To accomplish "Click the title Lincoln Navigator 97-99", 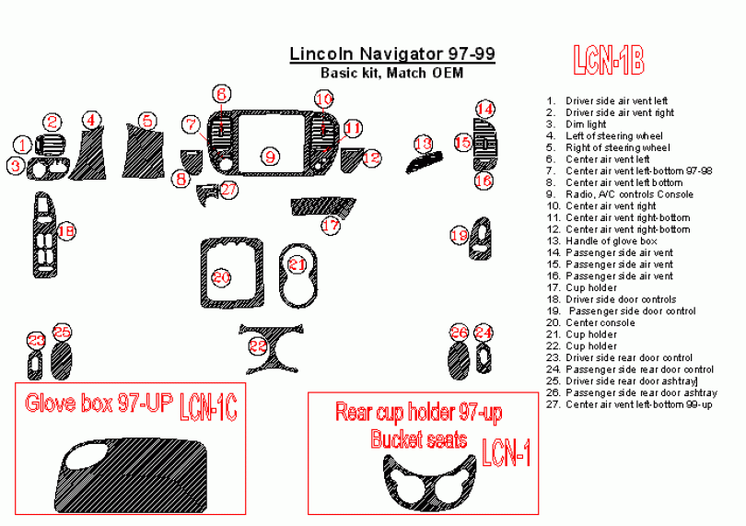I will tap(392, 53).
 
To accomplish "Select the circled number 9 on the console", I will tap(270, 157).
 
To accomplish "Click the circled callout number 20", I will tap(221, 276).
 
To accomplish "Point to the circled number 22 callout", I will tap(259, 345).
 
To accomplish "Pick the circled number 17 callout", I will tap(331, 224).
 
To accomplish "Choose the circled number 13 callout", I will tap(423, 144).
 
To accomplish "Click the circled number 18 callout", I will tap(65, 232).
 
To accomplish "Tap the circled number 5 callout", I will tap(147, 120).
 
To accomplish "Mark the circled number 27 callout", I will tap(228, 189).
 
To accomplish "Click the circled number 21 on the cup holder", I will tap(297, 265).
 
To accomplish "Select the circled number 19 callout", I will tap(459, 236).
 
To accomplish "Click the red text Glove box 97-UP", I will tap(99, 403).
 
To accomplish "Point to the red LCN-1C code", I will tap(208, 404).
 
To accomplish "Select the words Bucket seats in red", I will tap(420, 439).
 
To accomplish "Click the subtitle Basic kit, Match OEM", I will tap(391, 73).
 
